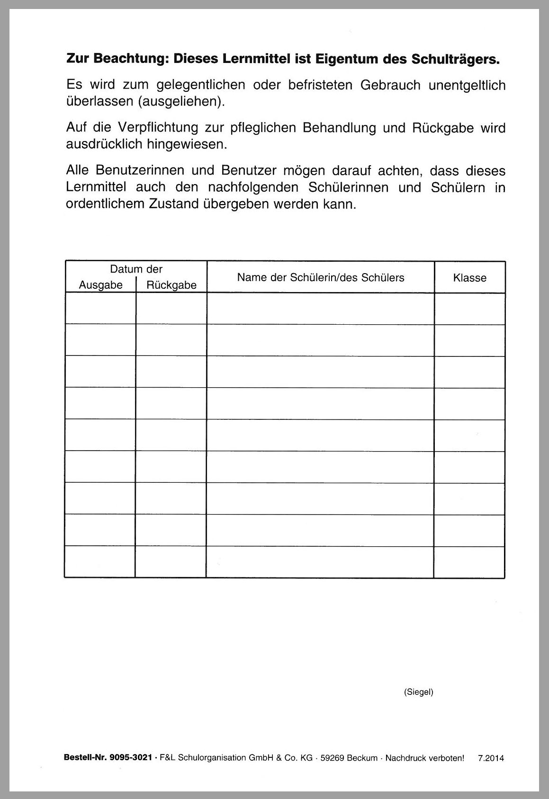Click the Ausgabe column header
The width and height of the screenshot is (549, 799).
(x=100, y=285)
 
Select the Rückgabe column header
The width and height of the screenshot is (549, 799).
(x=171, y=285)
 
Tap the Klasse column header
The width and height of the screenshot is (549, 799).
(x=469, y=278)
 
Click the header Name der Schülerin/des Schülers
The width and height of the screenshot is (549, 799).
(x=321, y=277)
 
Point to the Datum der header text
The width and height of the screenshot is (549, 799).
(x=136, y=269)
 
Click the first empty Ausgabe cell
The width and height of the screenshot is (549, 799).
(x=100, y=309)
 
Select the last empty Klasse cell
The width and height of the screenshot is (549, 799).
(x=469, y=562)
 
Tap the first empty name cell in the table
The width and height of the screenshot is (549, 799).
(x=321, y=309)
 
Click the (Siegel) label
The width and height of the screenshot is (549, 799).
(x=419, y=692)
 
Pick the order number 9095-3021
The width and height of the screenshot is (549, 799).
(x=130, y=758)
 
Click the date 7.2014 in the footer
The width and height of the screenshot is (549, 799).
(x=491, y=758)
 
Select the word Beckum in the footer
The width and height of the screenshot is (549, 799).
(x=362, y=758)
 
